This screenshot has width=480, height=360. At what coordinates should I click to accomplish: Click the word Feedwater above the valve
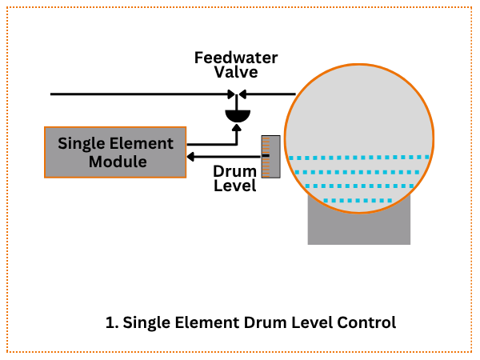[237, 58]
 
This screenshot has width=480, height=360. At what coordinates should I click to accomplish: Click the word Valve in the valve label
[237, 72]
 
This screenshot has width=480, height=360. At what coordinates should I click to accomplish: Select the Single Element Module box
[116, 152]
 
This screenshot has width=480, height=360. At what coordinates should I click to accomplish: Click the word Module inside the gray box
[116, 162]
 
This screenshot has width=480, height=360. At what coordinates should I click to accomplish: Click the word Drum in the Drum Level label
[234, 170]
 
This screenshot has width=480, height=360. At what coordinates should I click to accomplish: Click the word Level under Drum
[234, 186]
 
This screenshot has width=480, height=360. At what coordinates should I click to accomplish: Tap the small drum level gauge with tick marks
[270, 157]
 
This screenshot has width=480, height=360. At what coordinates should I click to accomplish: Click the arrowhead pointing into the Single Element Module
[191, 156]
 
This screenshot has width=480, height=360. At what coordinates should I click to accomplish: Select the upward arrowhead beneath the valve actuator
[237, 130]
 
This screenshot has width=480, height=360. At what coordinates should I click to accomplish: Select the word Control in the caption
[369, 323]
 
